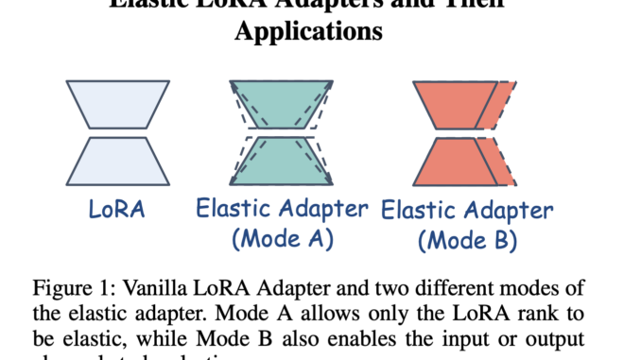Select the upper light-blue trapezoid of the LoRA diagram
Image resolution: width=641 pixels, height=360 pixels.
tap(118, 103)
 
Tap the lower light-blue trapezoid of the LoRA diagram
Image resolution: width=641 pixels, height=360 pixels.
tap(118, 160)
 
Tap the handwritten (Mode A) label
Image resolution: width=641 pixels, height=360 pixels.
tap(283, 239)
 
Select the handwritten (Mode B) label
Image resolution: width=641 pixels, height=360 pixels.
tap(467, 240)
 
